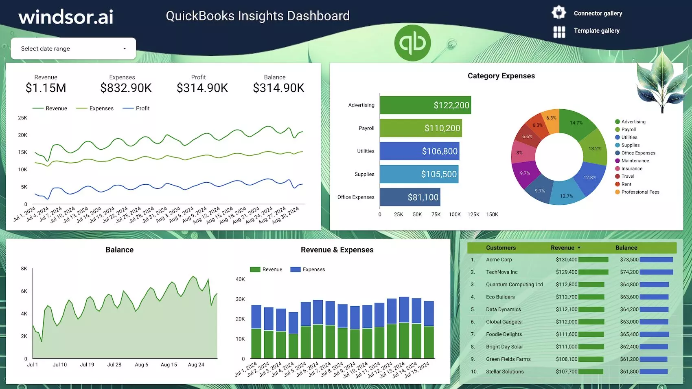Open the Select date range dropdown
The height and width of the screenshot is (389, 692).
click(73, 49)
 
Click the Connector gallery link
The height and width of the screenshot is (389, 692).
click(598, 13)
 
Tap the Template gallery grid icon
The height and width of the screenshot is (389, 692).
click(559, 32)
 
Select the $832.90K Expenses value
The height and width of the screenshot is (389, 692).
click(126, 88)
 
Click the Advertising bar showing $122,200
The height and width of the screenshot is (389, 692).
click(425, 105)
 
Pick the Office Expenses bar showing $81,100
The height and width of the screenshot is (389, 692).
click(410, 197)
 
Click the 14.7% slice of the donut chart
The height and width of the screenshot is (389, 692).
click(576, 123)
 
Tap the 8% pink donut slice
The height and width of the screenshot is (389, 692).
click(520, 153)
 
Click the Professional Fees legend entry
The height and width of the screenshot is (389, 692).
click(640, 192)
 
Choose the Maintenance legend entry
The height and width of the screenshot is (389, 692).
click(635, 161)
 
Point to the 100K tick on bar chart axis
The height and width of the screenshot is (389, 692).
click(455, 214)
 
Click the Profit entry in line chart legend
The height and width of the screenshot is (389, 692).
click(142, 108)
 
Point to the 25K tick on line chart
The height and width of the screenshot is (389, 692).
click(22, 118)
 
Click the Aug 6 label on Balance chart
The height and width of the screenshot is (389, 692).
click(141, 365)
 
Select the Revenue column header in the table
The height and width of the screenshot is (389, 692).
click(563, 248)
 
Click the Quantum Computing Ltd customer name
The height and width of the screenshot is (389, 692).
click(514, 285)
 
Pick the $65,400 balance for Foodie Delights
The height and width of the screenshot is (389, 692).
click(629, 334)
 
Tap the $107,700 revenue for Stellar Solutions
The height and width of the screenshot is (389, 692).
click(566, 372)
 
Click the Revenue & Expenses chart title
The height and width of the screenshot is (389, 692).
click(337, 250)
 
